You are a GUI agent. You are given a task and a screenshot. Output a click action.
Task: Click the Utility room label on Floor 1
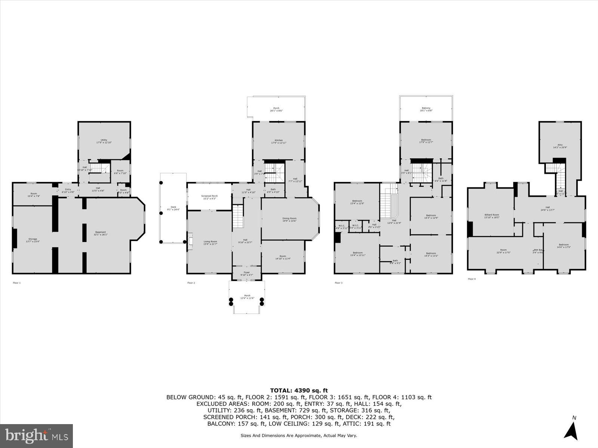pos(104,140)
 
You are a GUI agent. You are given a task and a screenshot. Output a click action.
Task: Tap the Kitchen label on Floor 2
pos(278,140)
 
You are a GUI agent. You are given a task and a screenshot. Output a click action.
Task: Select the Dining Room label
pos(289,218)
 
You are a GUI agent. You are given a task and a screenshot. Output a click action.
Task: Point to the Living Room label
pos(210,242)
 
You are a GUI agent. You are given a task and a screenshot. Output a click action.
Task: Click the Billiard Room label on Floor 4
pos(492,215)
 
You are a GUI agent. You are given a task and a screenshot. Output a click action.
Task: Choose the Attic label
pos(560,145)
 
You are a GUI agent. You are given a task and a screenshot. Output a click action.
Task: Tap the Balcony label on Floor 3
pos(426,108)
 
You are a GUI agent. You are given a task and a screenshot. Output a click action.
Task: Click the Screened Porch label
pos(209,196)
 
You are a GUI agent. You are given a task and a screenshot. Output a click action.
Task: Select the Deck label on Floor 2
pos(173,207)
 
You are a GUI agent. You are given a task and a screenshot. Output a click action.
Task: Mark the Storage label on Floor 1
pos(33,239)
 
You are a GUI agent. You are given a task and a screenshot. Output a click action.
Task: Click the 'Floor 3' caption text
pos(338,283)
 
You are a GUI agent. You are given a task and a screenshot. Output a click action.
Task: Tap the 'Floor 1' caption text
pos(17,283)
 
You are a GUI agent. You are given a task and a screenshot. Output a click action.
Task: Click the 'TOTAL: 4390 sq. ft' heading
pos(299,391)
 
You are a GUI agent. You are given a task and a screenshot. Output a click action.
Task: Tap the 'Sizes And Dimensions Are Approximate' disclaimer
pos(299,435)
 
